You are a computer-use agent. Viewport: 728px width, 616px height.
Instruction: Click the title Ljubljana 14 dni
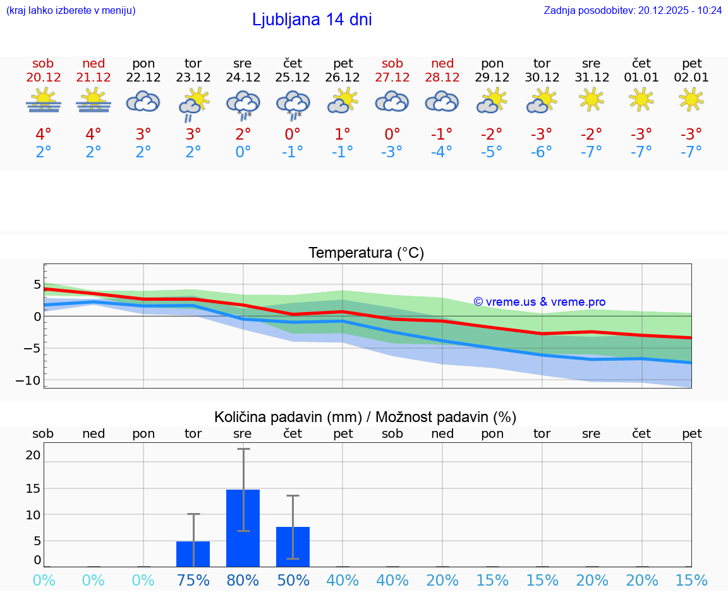(312, 20)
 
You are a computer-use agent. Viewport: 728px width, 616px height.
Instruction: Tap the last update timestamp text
(633, 10)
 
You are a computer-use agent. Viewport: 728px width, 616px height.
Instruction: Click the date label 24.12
(243, 78)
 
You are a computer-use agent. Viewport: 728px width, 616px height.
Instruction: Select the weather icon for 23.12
(193, 104)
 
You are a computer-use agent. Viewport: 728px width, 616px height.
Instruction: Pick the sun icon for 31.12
(591, 99)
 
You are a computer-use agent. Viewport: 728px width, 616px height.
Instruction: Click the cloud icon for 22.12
(143, 101)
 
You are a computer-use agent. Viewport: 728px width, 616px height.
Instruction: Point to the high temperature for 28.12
(442, 135)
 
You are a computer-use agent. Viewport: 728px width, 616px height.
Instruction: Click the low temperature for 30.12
(542, 152)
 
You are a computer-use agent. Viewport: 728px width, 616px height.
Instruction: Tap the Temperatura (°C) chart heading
(366, 253)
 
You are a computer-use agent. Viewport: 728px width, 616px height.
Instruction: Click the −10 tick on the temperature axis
(28, 380)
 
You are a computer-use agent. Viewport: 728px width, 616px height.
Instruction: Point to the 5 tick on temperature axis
(37, 284)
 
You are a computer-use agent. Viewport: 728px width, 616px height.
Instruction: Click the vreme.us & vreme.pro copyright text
(539, 302)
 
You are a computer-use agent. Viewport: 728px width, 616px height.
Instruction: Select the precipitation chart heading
(365, 417)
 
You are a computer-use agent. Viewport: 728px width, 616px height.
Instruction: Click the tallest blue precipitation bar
(243, 528)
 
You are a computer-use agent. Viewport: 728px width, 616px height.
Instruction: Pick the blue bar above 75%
(193, 553)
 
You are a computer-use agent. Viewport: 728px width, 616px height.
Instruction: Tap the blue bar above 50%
(293, 547)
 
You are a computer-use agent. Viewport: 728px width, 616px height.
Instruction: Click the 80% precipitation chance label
(243, 581)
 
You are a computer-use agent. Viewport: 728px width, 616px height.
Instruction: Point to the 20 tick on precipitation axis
(33, 455)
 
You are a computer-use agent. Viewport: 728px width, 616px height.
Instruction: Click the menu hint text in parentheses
(70, 10)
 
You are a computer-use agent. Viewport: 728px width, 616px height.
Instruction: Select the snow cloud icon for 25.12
(293, 104)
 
